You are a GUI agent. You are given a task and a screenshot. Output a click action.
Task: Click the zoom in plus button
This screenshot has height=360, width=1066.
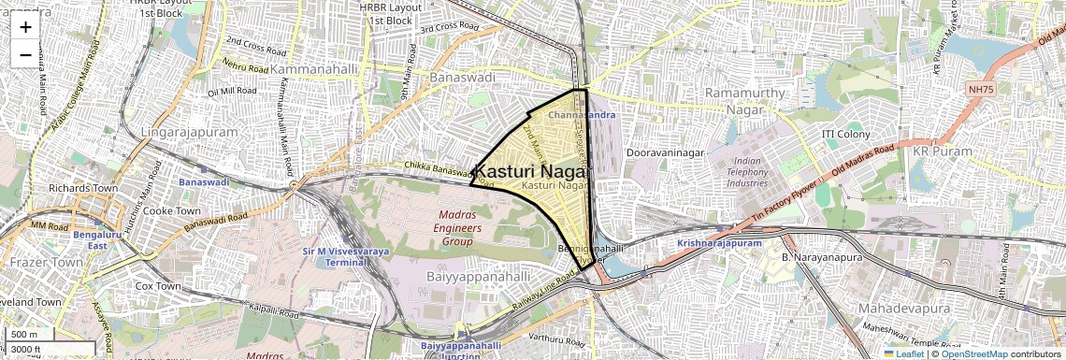(x=25, y=27)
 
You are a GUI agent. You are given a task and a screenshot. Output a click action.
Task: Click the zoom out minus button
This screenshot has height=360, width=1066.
(x=25, y=55)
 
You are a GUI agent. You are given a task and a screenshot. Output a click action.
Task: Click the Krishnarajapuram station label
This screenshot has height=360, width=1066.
(x=721, y=243)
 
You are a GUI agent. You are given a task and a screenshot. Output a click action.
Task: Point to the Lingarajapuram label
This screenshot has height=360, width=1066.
(x=189, y=132)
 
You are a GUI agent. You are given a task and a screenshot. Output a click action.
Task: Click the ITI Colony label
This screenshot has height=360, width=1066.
(x=845, y=135)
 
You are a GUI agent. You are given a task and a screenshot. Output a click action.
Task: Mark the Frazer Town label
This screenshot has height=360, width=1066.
(x=35, y=263)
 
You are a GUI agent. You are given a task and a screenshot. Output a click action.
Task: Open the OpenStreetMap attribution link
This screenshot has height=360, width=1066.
(x=974, y=353)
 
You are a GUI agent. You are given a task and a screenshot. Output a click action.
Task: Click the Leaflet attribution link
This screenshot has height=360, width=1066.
(x=903, y=353)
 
